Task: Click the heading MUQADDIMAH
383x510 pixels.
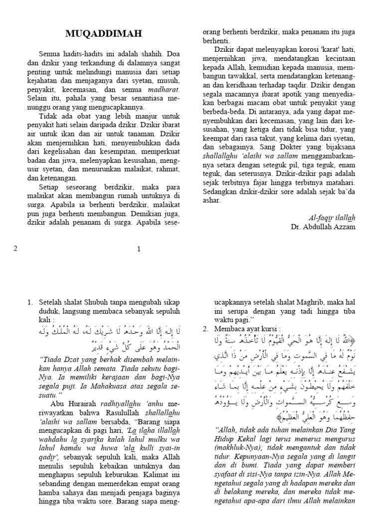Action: (x=104, y=33)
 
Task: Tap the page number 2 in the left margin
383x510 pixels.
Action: (x=15, y=249)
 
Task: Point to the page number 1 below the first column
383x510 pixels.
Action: (x=140, y=249)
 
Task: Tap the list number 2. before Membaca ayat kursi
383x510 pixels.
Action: (x=205, y=329)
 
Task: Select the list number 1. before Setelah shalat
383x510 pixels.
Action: (x=30, y=302)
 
